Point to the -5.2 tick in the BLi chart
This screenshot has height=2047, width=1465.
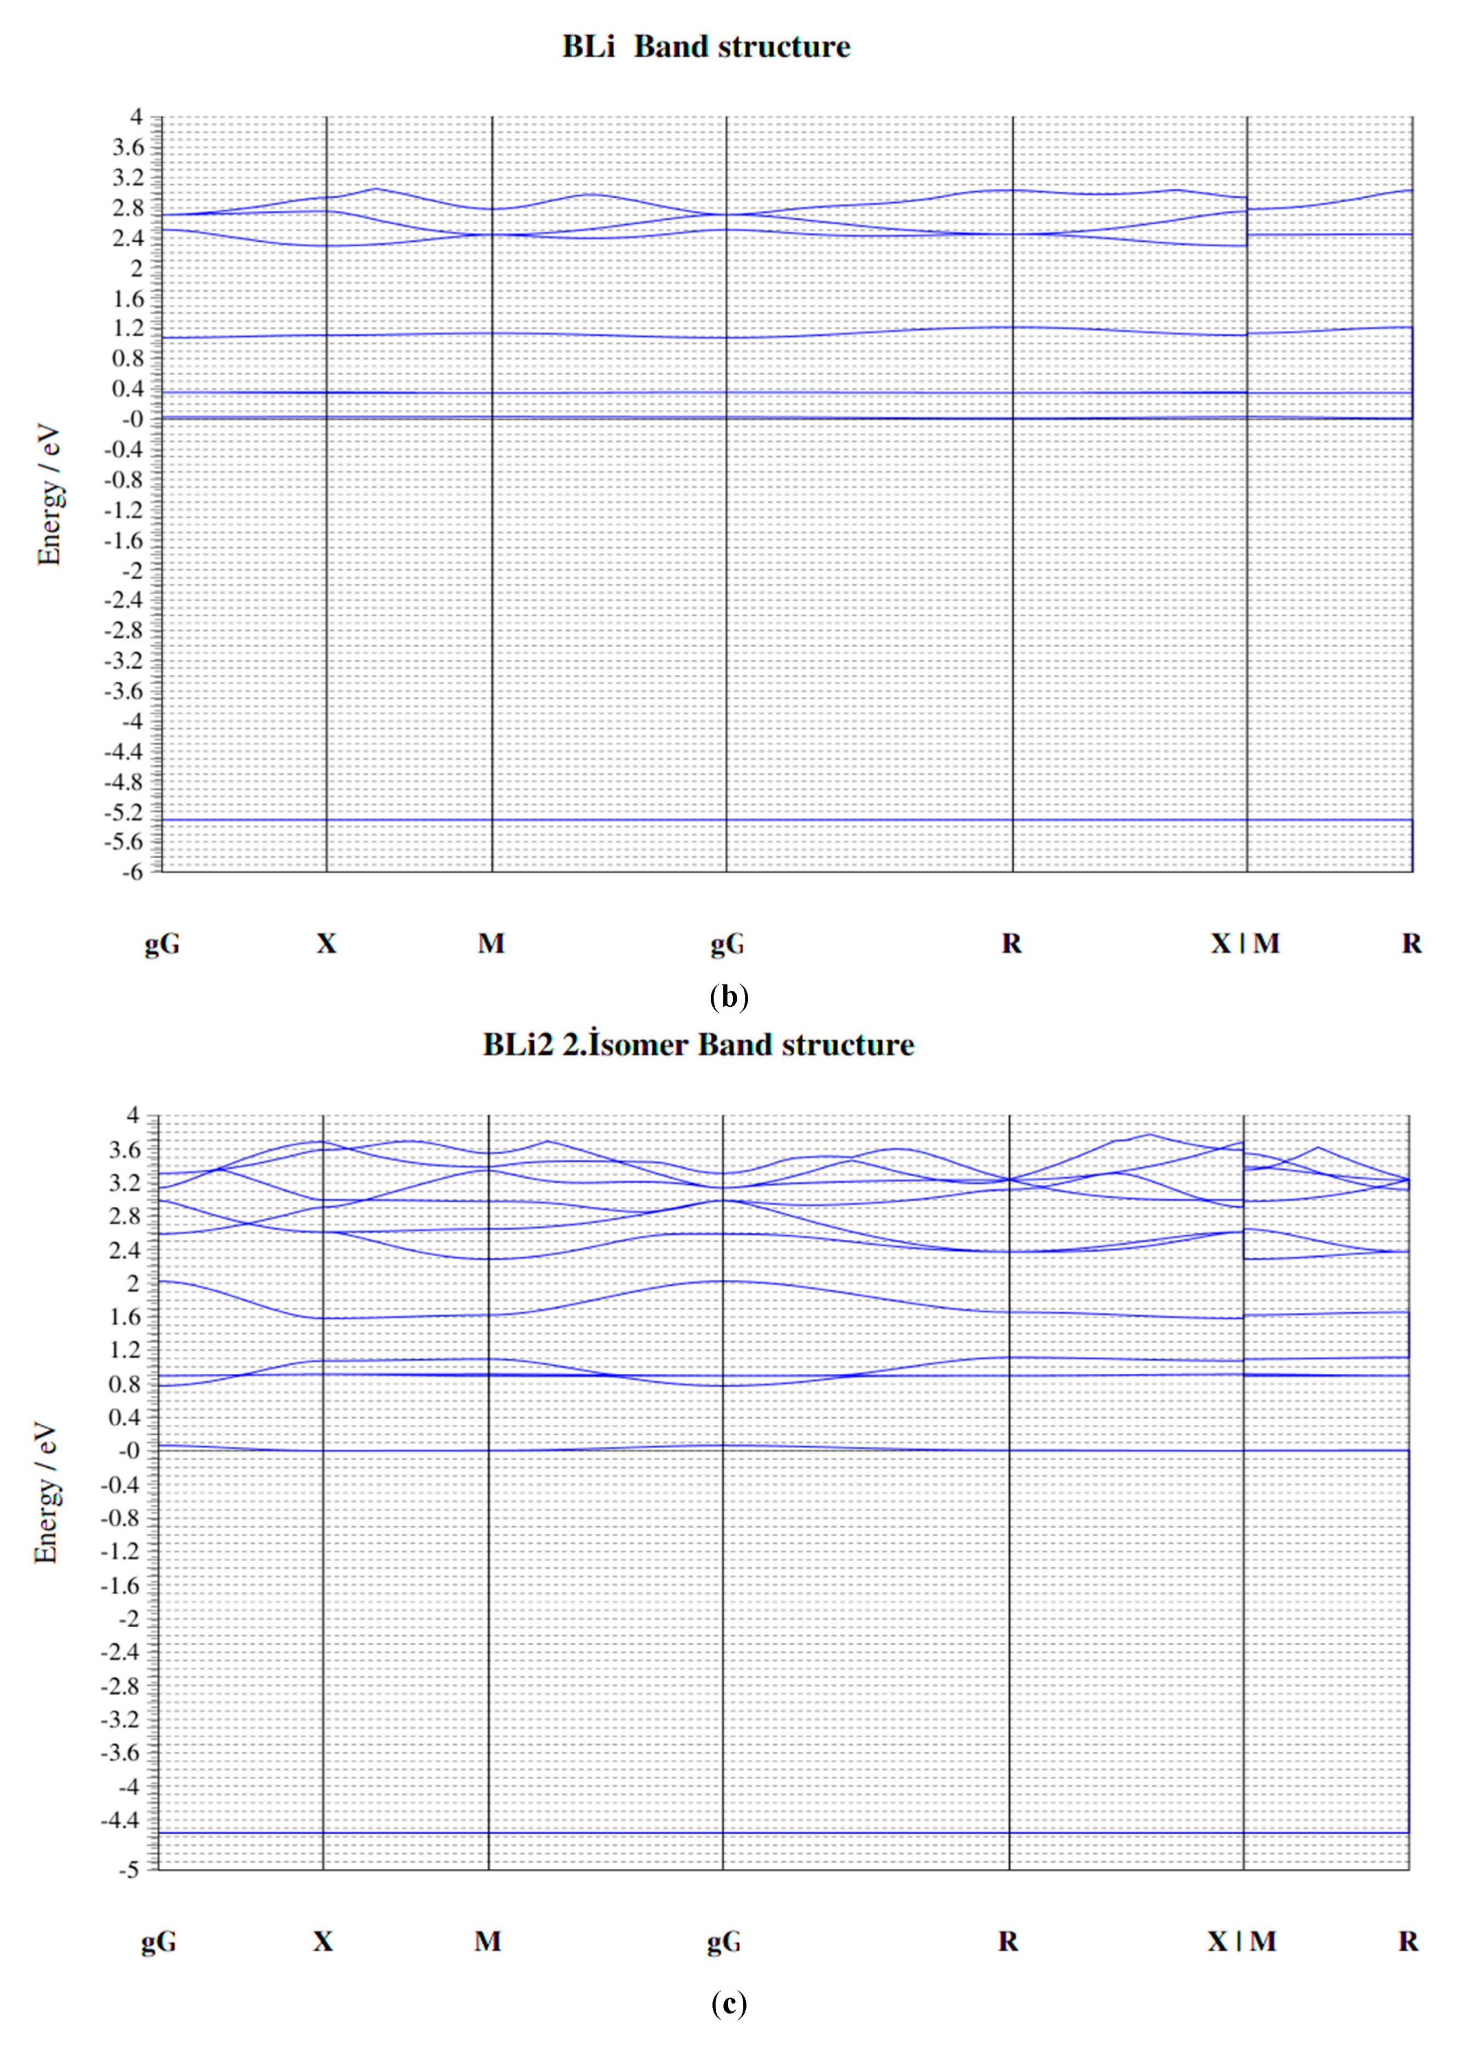[124, 813]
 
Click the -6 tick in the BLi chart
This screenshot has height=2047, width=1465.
[132, 872]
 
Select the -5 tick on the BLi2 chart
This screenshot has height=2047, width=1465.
[129, 1870]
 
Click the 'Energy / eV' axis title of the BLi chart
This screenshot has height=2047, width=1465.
[49, 496]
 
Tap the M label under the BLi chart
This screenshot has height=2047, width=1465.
[491, 943]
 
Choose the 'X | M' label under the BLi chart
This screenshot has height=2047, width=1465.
[1245, 943]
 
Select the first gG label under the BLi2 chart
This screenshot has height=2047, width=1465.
[159, 1940]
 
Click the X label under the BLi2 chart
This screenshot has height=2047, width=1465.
[323, 1940]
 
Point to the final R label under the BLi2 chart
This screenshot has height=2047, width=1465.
[1408, 1940]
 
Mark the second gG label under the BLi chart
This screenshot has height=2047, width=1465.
[727, 943]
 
